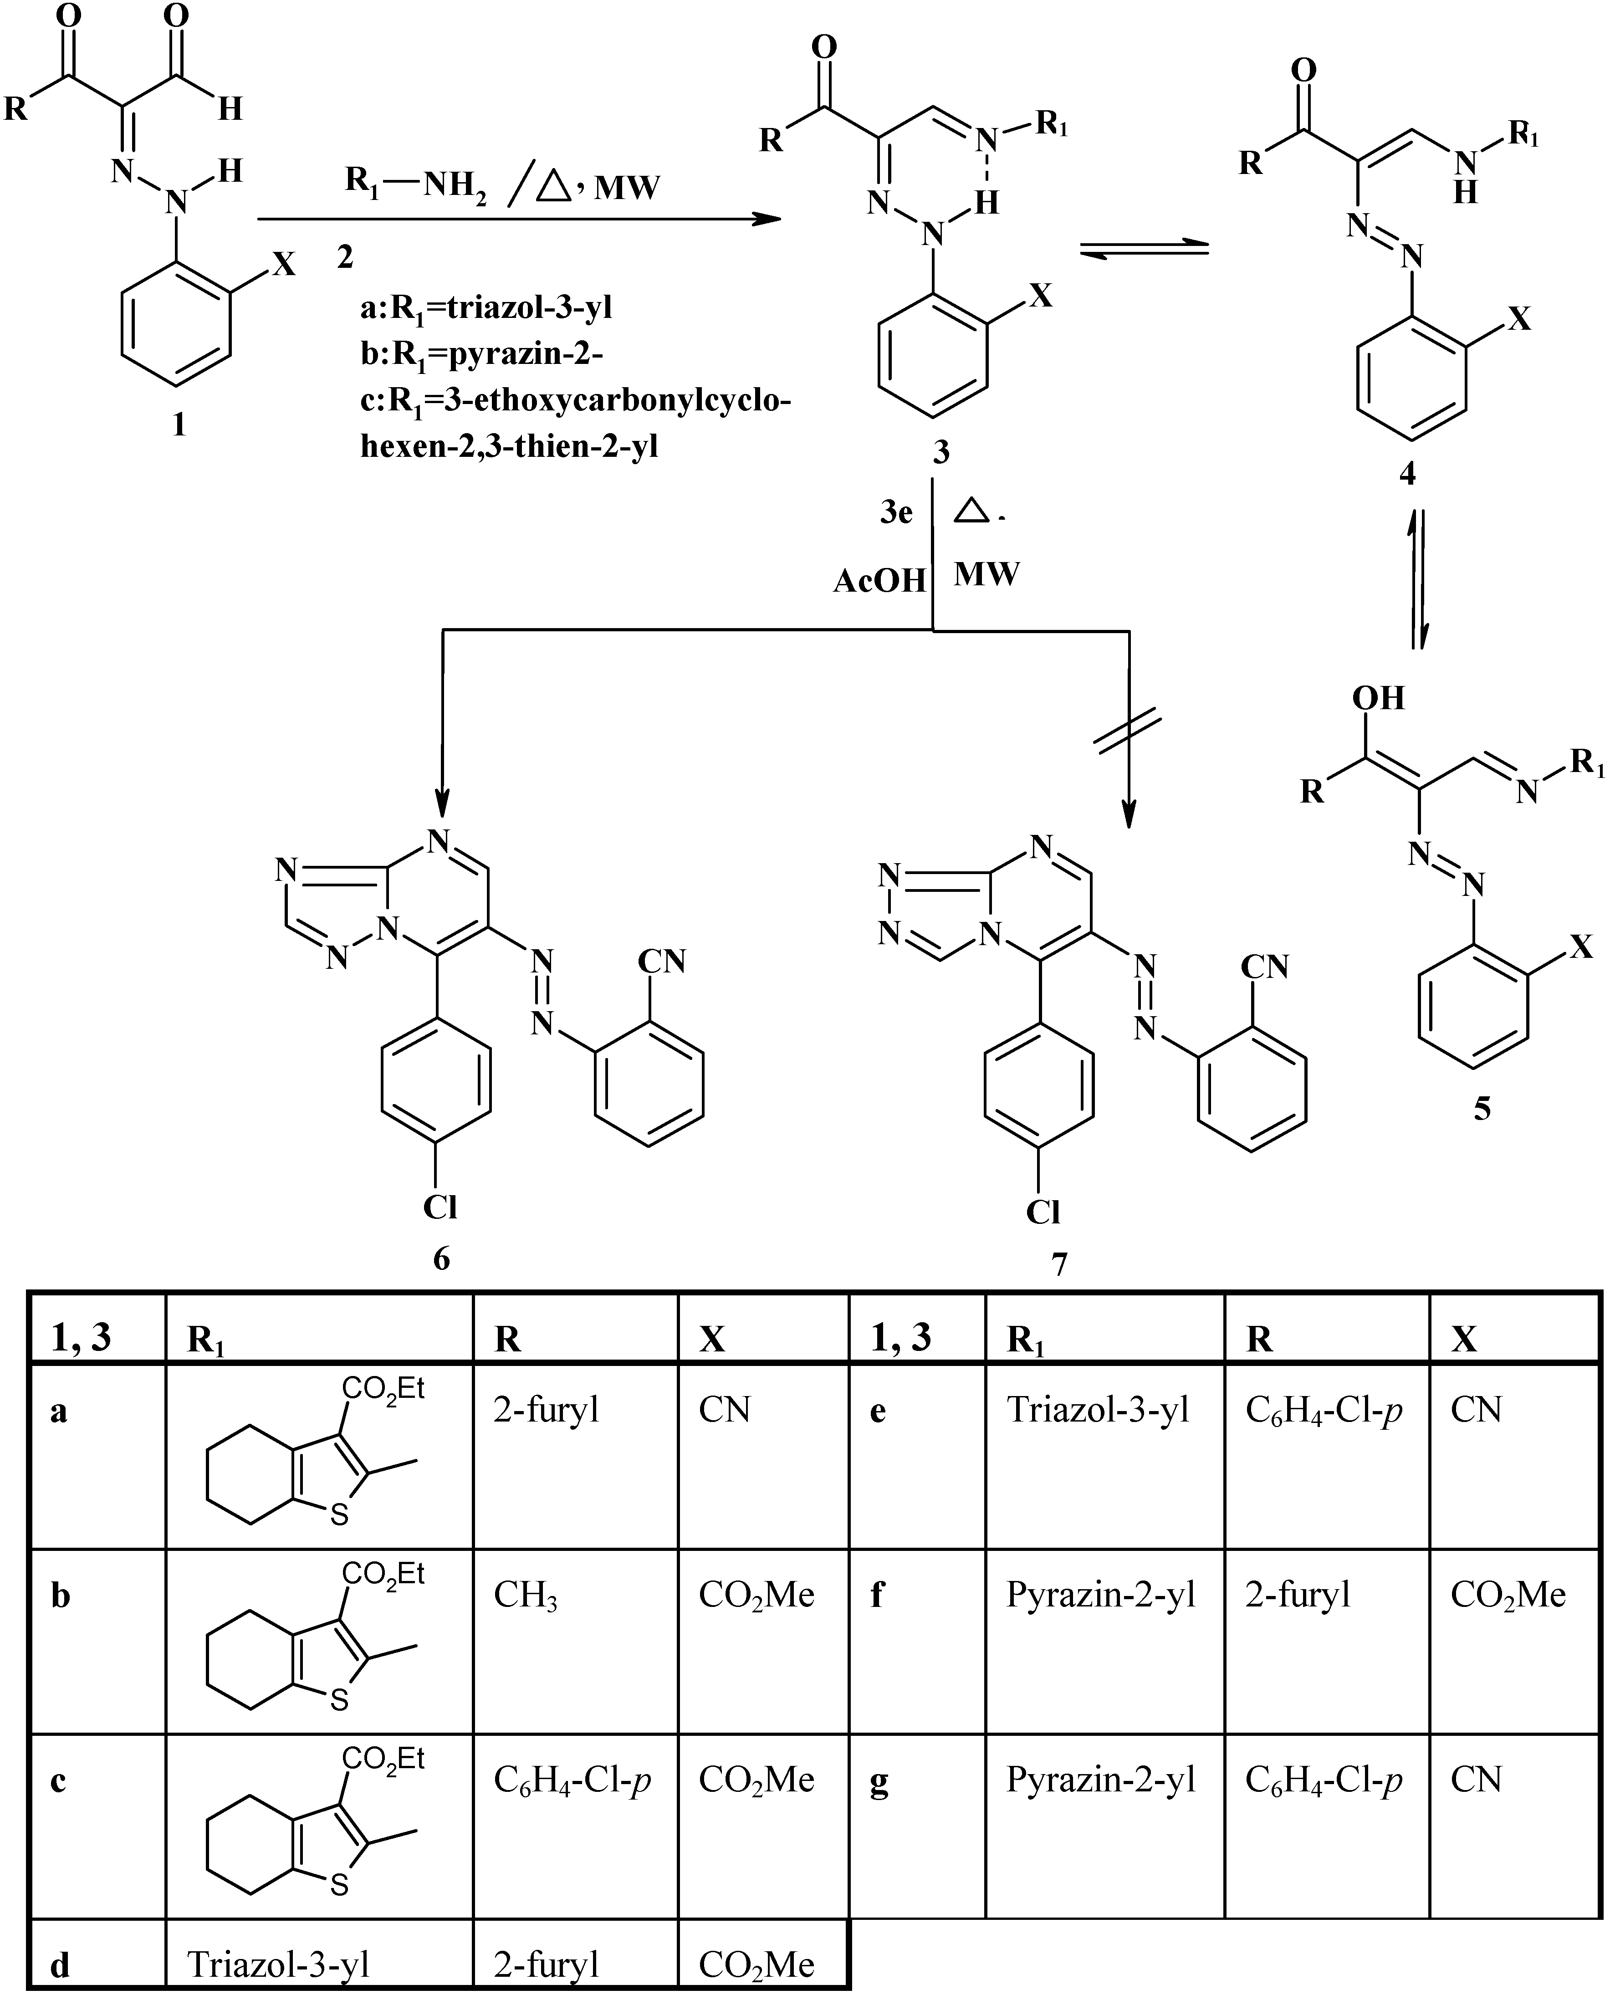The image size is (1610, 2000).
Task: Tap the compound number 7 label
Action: pyautogui.click(x=1059, y=1263)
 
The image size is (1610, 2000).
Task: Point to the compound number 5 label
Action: pyautogui.click(x=1482, y=1109)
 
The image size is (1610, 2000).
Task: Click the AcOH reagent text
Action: pyautogui.click(x=879, y=581)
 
